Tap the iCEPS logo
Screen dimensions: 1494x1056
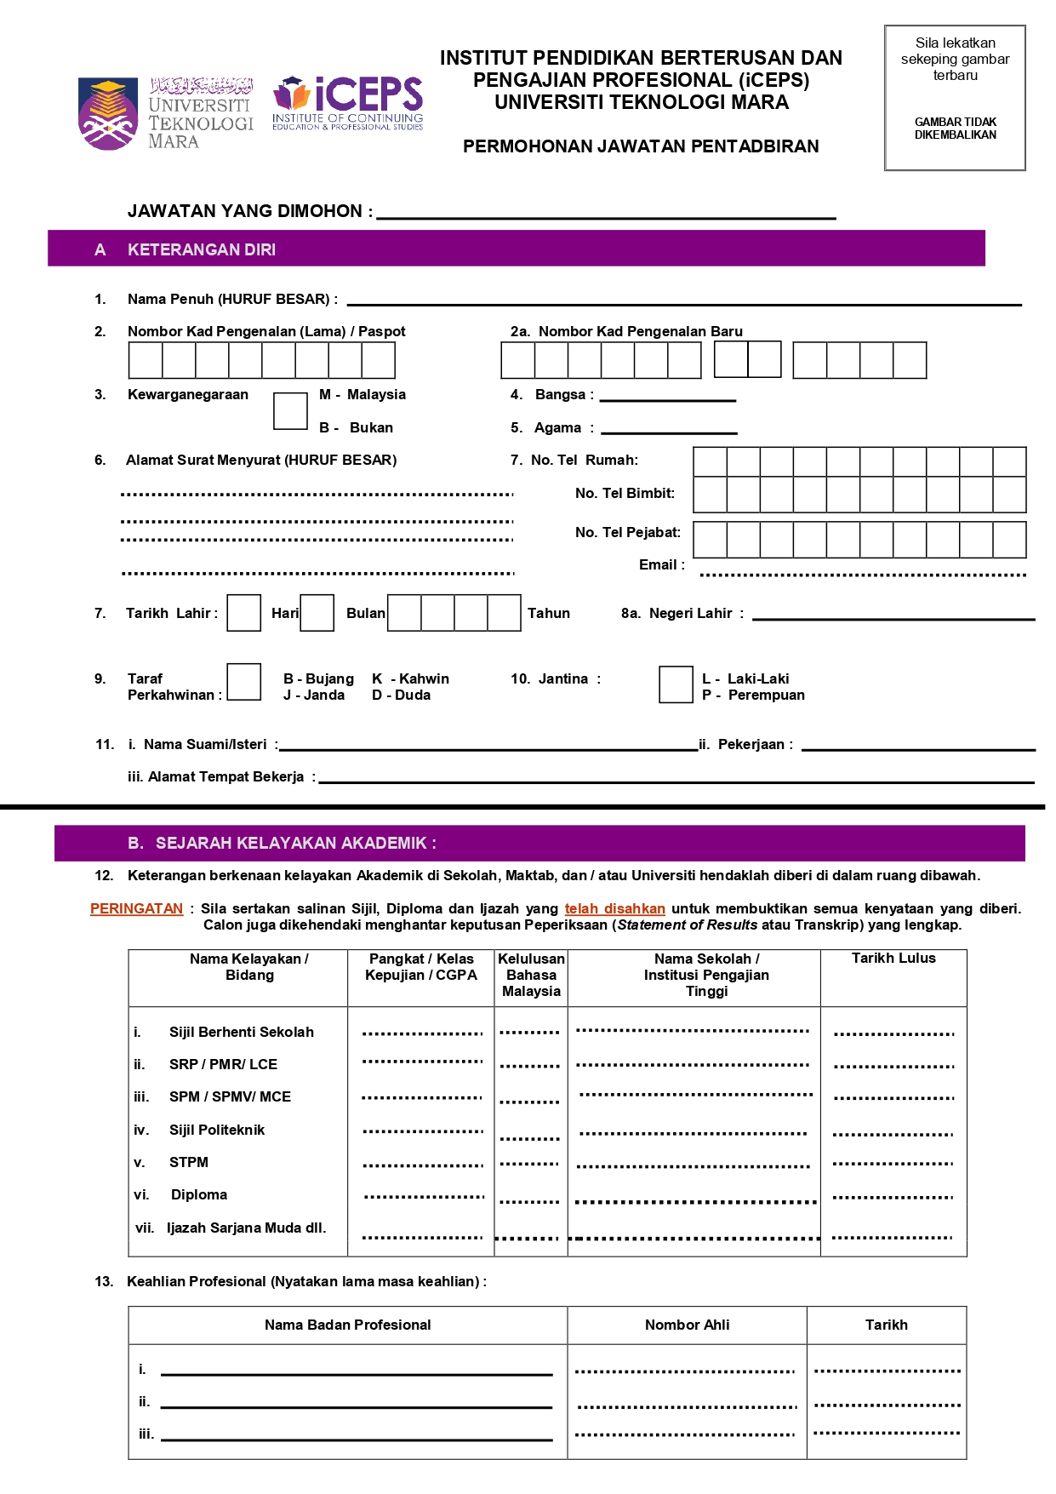point(348,104)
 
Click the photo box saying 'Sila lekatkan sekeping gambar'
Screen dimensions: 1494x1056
point(955,98)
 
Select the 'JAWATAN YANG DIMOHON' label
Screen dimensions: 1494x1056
point(249,211)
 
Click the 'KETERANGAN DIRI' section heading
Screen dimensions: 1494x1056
point(202,249)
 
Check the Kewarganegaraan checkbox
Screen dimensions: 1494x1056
point(290,411)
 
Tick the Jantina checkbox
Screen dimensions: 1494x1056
point(676,685)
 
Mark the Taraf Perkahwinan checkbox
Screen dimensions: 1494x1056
point(244,683)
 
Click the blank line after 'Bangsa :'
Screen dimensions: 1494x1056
point(668,399)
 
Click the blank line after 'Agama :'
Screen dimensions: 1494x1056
point(669,432)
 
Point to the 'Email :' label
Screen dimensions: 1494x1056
point(661,564)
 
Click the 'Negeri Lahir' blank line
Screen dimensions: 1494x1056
point(893,618)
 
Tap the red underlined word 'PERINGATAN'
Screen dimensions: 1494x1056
point(136,908)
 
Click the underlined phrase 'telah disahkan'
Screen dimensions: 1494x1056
point(614,908)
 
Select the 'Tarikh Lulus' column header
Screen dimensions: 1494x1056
point(893,959)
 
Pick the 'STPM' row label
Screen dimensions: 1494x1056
point(189,1162)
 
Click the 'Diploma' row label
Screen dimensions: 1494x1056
point(199,1194)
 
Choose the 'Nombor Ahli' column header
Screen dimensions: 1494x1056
point(687,1325)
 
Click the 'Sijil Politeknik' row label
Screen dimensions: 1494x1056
point(217,1130)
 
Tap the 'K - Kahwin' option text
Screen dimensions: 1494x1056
point(411,678)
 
